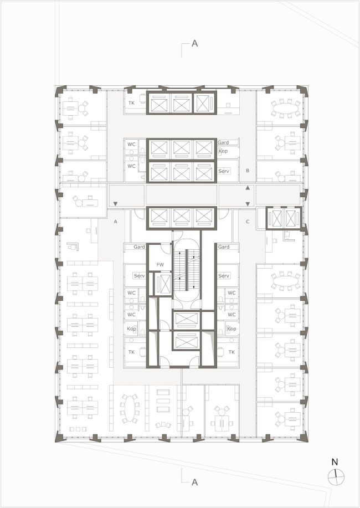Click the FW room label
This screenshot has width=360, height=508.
160,265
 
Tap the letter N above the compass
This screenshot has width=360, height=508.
335,462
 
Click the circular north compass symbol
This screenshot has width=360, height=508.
336,477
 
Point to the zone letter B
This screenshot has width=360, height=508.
248,171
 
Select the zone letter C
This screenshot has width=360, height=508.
248,222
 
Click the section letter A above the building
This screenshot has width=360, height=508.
194,43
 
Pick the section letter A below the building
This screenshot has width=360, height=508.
194,482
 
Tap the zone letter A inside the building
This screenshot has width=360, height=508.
115,222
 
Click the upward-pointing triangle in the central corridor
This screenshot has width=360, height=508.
248,188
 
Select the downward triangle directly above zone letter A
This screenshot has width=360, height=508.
115,204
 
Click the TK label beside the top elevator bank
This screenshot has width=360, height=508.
131,103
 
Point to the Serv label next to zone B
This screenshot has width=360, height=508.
224,171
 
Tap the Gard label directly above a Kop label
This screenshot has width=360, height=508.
223,142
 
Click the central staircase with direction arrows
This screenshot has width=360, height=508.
186,270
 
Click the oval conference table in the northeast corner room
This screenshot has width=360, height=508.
286,109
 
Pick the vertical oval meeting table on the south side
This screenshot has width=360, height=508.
130,408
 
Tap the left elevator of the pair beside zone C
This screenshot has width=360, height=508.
277,218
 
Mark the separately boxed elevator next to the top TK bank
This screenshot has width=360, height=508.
204,103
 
